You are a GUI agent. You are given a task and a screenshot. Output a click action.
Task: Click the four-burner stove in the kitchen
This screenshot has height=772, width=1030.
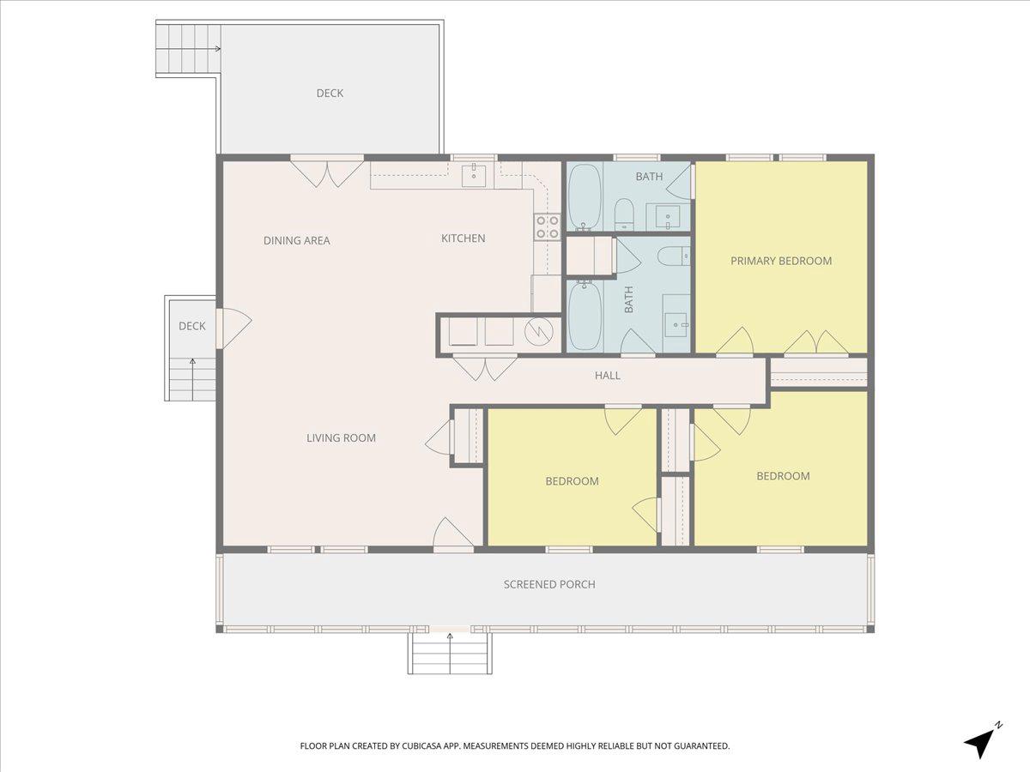click(547, 226)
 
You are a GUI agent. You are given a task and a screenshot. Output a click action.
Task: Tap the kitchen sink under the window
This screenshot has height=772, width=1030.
click(474, 176)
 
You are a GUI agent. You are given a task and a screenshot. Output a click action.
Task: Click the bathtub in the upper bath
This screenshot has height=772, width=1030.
click(585, 197)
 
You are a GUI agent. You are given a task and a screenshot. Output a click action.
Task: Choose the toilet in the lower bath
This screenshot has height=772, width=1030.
click(678, 255)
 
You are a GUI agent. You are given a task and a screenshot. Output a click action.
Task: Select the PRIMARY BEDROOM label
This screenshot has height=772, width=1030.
click(780, 261)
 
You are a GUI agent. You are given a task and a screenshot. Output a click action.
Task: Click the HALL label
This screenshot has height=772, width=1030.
click(608, 376)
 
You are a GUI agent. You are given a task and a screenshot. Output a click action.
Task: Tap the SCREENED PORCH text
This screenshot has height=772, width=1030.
click(548, 584)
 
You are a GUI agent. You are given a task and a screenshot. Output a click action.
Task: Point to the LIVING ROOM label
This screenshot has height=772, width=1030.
click(341, 438)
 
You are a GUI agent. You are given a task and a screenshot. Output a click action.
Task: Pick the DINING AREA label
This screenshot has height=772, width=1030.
click(296, 241)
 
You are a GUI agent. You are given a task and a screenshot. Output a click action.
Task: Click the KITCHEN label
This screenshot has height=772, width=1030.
click(463, 238)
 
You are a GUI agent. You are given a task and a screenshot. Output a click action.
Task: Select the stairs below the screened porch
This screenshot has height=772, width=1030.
click(449, 654)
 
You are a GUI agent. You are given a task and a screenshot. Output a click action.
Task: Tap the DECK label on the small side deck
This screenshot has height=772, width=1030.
click(191, 326)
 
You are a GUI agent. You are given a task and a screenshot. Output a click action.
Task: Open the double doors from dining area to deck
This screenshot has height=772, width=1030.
click(326, 172)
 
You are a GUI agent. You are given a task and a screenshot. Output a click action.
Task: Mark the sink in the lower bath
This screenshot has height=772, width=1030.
click(677, 321)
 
